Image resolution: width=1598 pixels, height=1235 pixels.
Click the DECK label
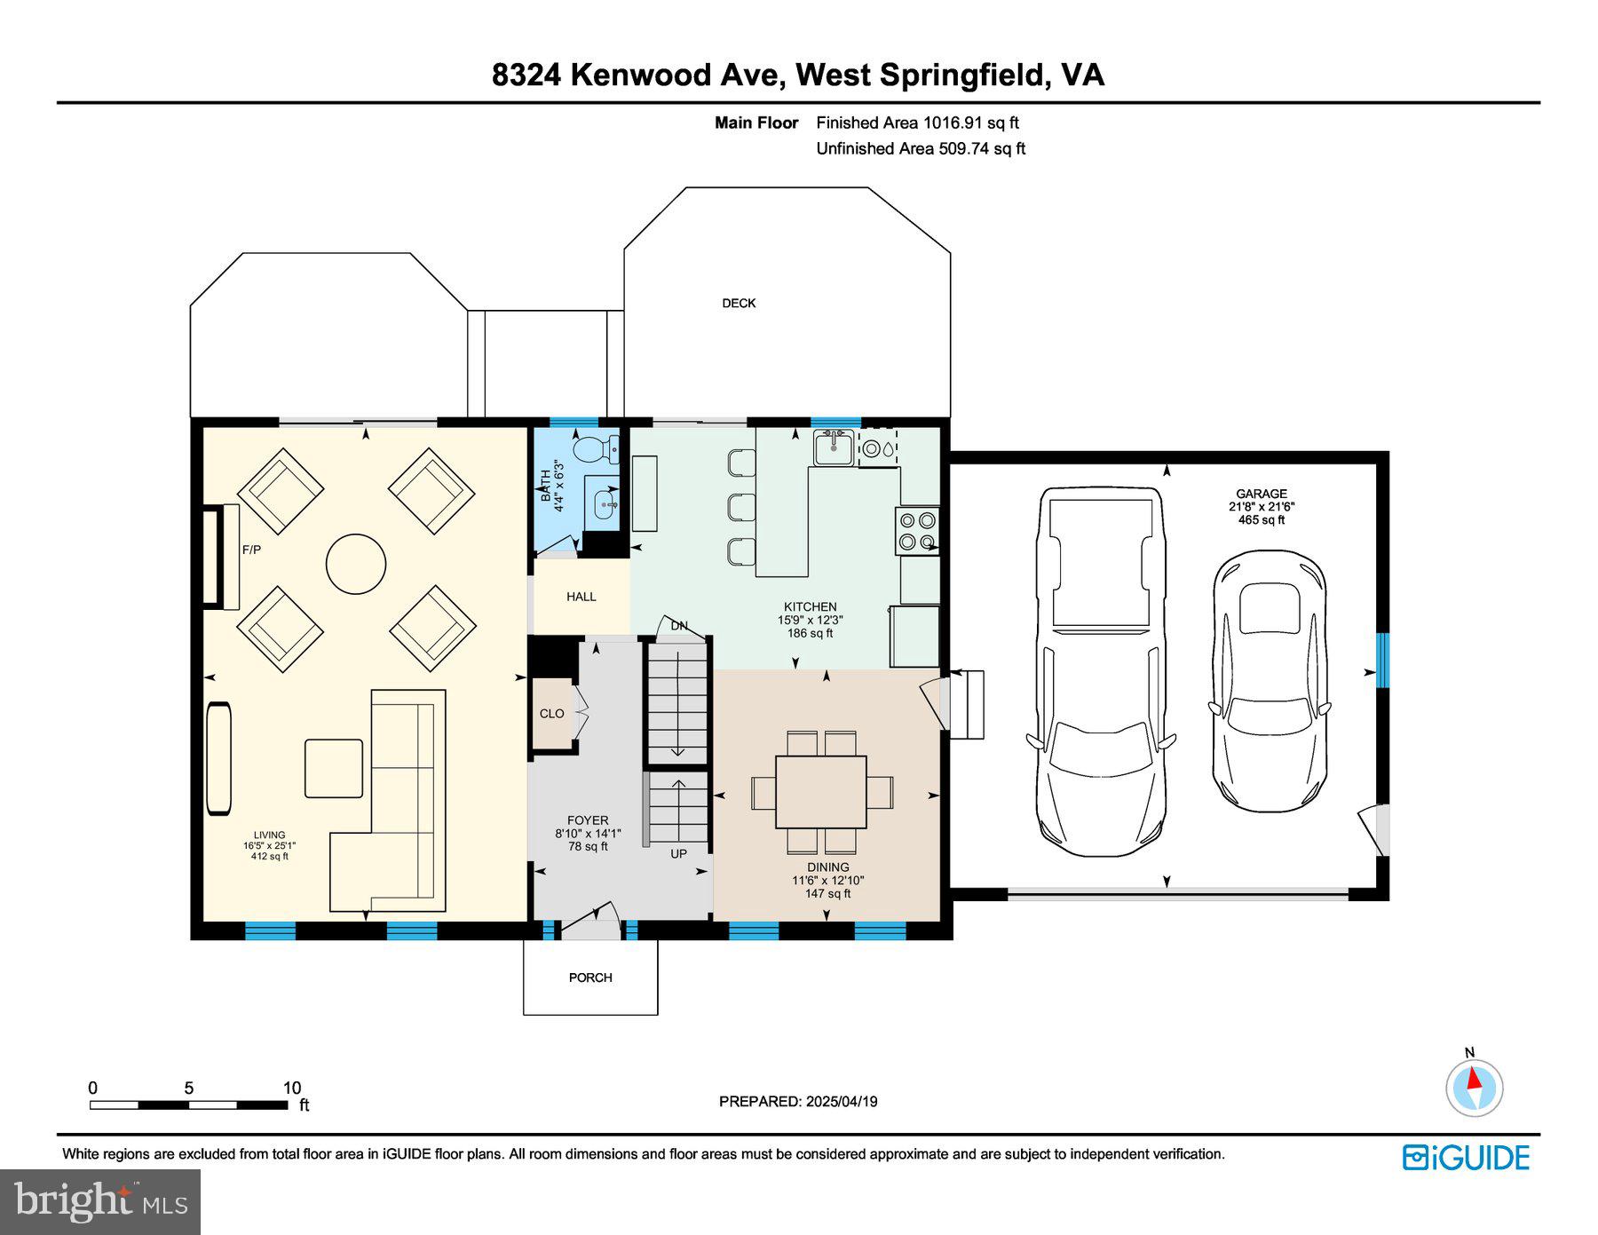[738, 304]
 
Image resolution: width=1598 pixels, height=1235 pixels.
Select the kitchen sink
[833, 447]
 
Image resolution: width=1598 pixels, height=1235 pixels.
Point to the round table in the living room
[356, 563]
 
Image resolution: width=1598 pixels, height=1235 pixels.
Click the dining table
[821, 791]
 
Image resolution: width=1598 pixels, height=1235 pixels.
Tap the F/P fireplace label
[251, 550]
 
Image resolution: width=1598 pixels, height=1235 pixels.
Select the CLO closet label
[551, 714]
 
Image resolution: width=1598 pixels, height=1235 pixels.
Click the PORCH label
[590, 978]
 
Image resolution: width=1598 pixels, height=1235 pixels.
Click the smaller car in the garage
[1270, 682]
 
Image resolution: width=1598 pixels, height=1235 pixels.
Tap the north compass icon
[1474, 1087]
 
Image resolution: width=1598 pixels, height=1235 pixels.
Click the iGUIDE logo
[1466, 1158]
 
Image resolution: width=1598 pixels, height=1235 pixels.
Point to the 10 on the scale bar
[292, 1088]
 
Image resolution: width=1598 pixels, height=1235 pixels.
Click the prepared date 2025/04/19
[842, 1102]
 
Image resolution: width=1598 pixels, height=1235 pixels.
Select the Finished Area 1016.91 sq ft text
[917, 123]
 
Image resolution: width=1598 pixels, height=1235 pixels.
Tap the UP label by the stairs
[678, 854]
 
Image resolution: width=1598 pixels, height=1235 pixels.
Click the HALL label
[581, 597]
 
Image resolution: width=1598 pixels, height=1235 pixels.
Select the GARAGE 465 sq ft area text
[1261, 520]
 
